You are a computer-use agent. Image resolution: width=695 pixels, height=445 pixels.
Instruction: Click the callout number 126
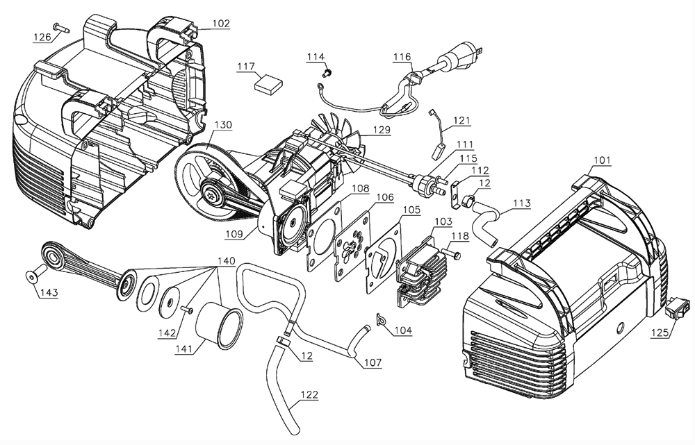click(42, 37)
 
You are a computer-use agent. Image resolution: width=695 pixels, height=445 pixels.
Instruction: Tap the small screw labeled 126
click(61, 28)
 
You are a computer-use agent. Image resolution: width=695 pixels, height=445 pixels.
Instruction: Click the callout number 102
click(221, 23)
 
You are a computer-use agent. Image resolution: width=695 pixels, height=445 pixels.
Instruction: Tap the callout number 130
click(223, 125)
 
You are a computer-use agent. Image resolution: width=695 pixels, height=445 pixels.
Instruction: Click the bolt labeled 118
click(451, 254)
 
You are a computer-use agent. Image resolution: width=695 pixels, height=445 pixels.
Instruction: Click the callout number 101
click(602, 160)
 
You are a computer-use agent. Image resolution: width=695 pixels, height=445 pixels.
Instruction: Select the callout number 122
click(309, 394)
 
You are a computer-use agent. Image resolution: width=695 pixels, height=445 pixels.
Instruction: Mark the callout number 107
click(373, 362)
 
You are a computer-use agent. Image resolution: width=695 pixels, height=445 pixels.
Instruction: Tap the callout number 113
click(522, 203)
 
